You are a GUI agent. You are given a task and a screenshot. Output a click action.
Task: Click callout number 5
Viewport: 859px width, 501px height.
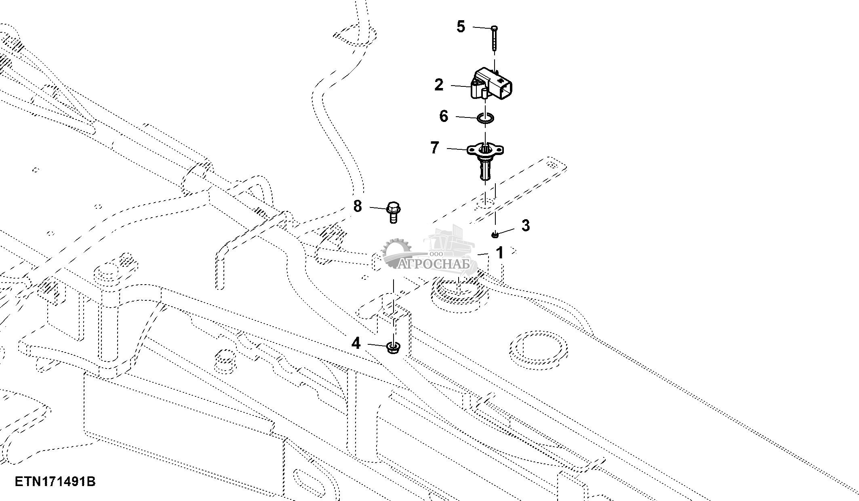(461, 27)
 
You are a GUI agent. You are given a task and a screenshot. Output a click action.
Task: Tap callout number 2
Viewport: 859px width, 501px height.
(439, 85)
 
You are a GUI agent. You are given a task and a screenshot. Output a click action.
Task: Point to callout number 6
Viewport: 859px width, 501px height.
(444, 116)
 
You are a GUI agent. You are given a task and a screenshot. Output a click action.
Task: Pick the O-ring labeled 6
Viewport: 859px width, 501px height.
(485, 118)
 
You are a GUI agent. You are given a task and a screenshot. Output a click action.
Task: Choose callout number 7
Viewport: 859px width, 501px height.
(435, 147)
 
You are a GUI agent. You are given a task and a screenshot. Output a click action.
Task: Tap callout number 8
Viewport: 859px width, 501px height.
(358, 206)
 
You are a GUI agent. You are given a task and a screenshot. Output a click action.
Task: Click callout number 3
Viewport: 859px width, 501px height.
(525, 225)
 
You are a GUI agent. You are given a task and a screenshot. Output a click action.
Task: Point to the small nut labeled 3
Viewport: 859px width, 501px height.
(495, 235)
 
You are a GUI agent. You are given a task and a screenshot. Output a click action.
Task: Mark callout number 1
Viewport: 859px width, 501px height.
(500, 253)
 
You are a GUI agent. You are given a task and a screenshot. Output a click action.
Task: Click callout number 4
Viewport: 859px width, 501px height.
(356, 343)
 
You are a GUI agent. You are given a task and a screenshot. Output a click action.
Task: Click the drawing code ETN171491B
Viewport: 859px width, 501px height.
(55, 482)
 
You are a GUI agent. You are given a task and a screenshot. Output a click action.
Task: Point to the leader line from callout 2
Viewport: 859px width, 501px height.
(461, 86)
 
